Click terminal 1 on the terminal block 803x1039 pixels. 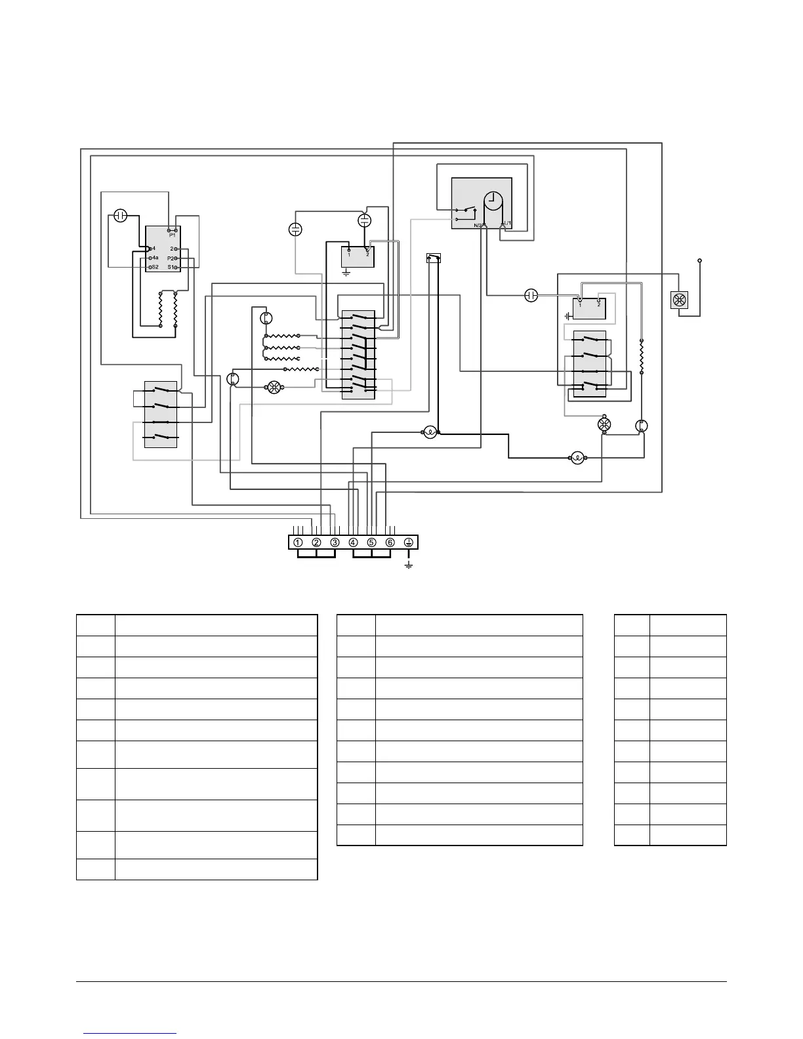(x=298, y=542)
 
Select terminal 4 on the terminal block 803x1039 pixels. (x=353, y=542)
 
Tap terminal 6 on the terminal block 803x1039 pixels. (x=390, y=542)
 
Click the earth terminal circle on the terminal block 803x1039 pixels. (x=408, y=542)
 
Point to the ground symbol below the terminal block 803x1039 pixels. (x=408, y=565)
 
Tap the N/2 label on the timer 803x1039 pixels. (x=478, y=225)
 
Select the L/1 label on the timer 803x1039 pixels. (x=506, y=224)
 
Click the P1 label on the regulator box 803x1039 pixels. (x=172, y=235)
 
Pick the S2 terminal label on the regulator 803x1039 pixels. (x=155, y=268)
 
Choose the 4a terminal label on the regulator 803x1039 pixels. (x=155, y=258)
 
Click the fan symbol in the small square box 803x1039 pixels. (x=678, y=300)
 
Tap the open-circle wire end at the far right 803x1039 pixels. (x=699, y=261)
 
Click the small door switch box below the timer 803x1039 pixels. (x=433, y=258)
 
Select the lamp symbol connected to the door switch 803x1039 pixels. (x=429, y=432)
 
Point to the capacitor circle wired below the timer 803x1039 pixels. (x=531, y=295)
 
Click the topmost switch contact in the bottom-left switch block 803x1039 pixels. (x=161, y=390)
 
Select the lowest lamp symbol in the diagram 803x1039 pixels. (x=577, y=457)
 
